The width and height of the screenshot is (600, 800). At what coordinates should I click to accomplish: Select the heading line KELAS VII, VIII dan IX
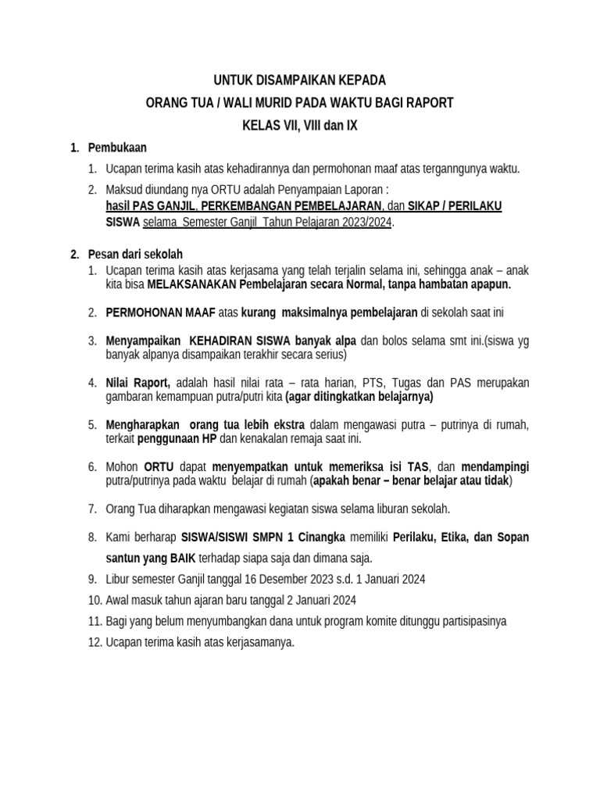(x=299, y=126)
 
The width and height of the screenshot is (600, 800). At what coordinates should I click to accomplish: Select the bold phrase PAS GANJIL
(x=165, y=205)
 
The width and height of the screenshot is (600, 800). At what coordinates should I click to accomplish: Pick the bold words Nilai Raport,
(x=138, y=382)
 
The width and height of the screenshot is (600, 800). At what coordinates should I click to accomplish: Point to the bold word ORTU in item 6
(x=160, y=466)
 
